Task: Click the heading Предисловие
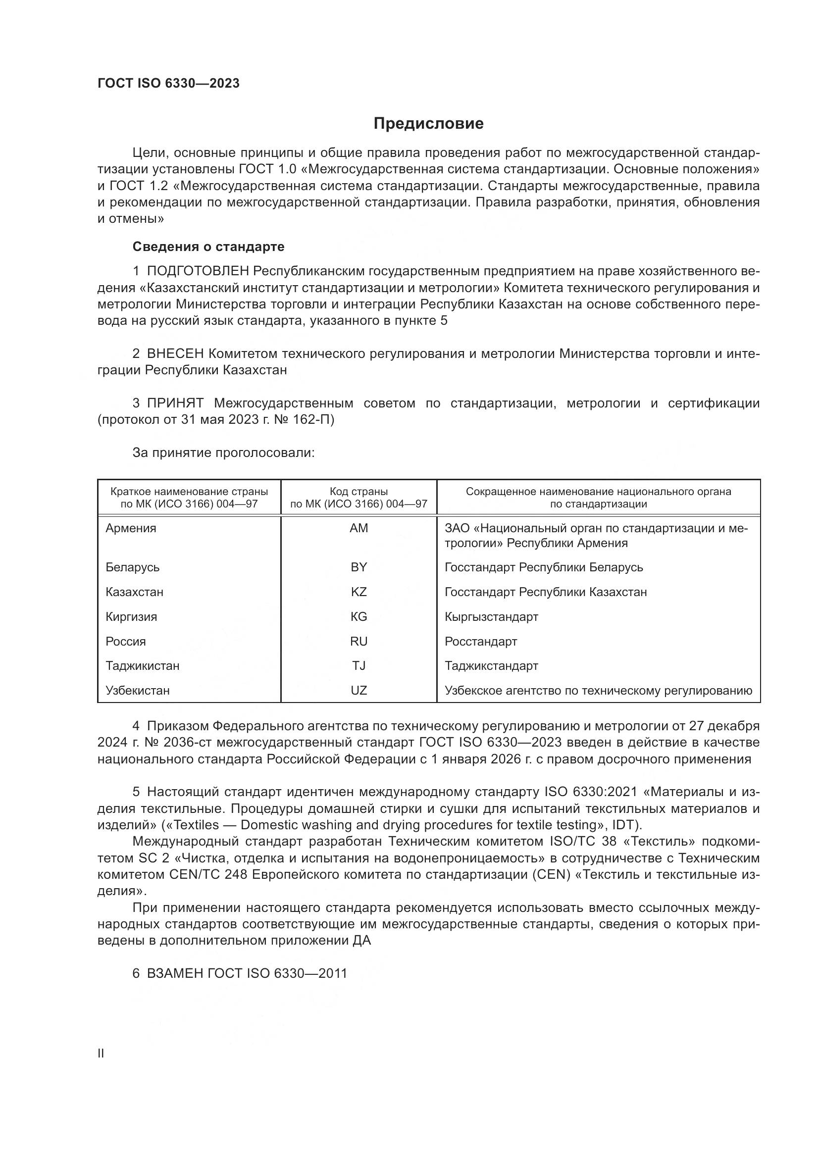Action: tap(428, 124)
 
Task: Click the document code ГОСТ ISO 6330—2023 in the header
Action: tap(168, 84)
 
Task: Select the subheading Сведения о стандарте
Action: tap(208, 247)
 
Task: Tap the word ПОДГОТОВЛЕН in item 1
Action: tap(198, 271)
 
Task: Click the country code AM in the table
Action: tap(358, 528)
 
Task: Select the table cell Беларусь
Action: tap(133, 567)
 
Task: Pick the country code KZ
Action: tap(358, 592)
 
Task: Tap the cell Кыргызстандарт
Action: tap(491, 617)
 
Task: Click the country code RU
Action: tap(358, 642)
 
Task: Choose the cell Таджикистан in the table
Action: tap(142, 666)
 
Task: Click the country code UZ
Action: tap(358, 691)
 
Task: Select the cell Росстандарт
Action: tap(481, 642)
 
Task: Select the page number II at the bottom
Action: tap(101, 1053)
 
